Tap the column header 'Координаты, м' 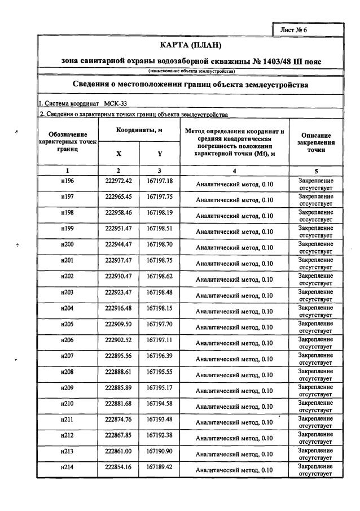(139, 130)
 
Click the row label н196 (67, 181)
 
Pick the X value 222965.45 (118, 197)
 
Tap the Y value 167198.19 (160, 213)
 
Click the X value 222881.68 (118, 403)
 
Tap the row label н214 (67, 466)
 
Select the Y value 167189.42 (160, 466)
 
